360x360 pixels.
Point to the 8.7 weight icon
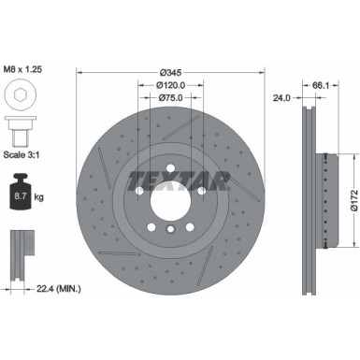coord(22,195)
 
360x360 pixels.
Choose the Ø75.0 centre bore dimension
coord(169,98)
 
